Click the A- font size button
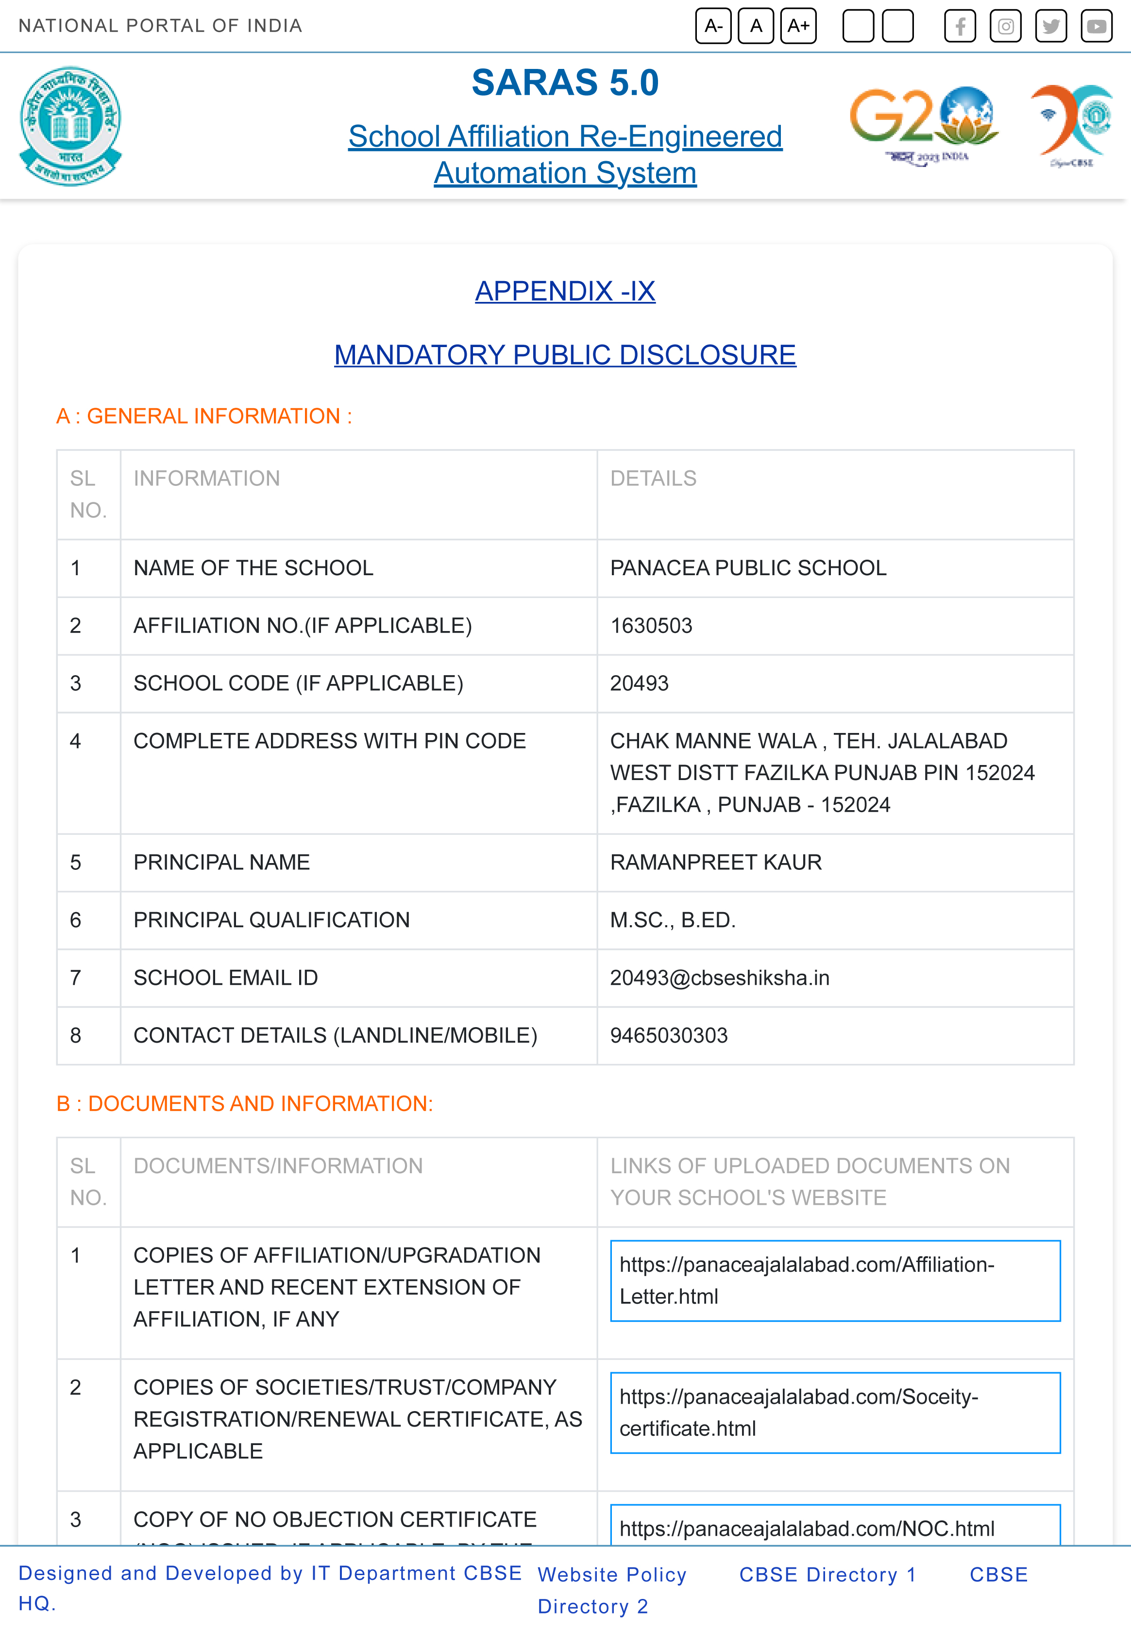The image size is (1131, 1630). coord(713,26)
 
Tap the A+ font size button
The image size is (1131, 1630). coord(798,26)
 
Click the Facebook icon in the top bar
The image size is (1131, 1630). coord(960,27)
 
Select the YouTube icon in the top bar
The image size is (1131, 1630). coord(1096,27)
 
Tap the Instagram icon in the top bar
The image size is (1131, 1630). coord(1005,27)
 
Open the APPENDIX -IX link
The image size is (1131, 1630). coord(565,291)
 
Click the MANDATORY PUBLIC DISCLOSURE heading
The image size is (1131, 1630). coord(565,355)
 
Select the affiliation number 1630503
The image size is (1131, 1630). coord(651,626)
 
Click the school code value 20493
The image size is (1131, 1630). coord(639,683)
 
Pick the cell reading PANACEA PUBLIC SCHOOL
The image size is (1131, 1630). coord(748,568)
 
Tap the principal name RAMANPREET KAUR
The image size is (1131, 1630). coord(716,862)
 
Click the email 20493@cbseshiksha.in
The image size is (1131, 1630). coord(719,978)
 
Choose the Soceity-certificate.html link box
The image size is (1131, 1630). coord(835,1413)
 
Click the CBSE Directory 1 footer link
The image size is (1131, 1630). coord(827,1574)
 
